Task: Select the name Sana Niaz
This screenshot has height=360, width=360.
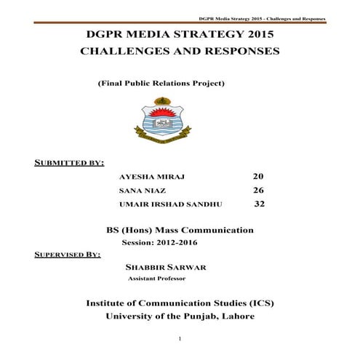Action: [137, 190]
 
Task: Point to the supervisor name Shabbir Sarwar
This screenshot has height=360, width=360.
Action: [166, 267]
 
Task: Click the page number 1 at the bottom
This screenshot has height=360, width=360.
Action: [180, 340]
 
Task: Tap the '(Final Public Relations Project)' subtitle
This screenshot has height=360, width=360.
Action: [161, 84]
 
